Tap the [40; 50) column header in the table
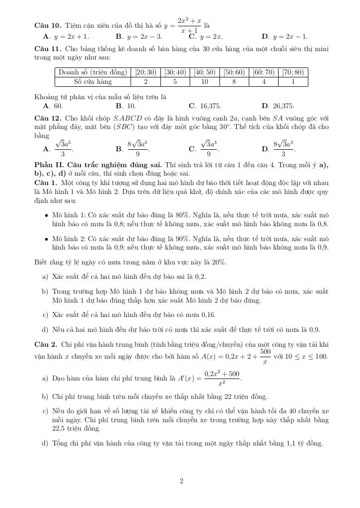pyautogui.click(x=205, y=72)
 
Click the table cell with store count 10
pyautogui.click(x=205, y=82)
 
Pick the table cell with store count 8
pyautogui.click(x=234, y=82)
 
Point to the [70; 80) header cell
pyautogui.click(x=293, y=72)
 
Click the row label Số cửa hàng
pyautogui.click(x=93, y=82)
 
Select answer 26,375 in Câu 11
pyautogui.click(x=283, y=106)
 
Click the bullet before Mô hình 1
pyautogui.click(x=46, y=215)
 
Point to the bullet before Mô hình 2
pyautogui.click(x=46, y=238)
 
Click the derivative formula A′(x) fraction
pyautogui.click(x=221, y=379)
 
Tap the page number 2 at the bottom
pyautogui.click(x=181, y=481)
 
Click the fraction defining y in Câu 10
pyautogui.click(x=189, y=25)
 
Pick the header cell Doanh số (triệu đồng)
pyautogui.click(x=93, y=72)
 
